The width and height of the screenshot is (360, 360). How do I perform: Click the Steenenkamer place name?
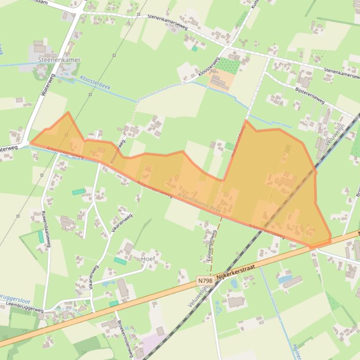59,60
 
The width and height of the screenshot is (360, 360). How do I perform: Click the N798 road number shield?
205,281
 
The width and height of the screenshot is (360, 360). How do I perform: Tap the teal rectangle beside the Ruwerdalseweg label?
41,237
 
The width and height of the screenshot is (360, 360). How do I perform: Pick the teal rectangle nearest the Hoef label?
120,261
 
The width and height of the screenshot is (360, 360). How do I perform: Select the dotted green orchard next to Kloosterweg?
228,65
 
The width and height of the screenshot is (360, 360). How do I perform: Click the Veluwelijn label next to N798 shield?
198,297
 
